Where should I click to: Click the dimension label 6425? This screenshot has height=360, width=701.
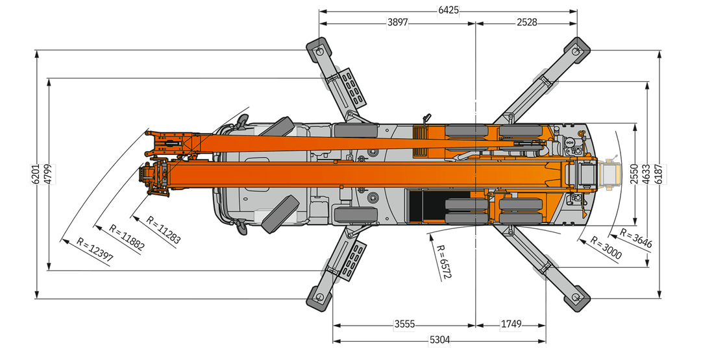449,10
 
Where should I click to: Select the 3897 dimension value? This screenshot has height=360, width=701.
397,23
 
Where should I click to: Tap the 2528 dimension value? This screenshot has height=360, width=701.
526,23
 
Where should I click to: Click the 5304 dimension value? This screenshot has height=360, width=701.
439,340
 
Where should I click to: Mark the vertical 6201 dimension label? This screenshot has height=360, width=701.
35,174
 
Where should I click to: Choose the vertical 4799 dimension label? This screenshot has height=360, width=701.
47,174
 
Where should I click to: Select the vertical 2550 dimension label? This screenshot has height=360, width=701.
633,174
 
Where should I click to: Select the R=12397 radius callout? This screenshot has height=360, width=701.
95,250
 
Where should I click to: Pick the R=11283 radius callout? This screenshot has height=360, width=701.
163,227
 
